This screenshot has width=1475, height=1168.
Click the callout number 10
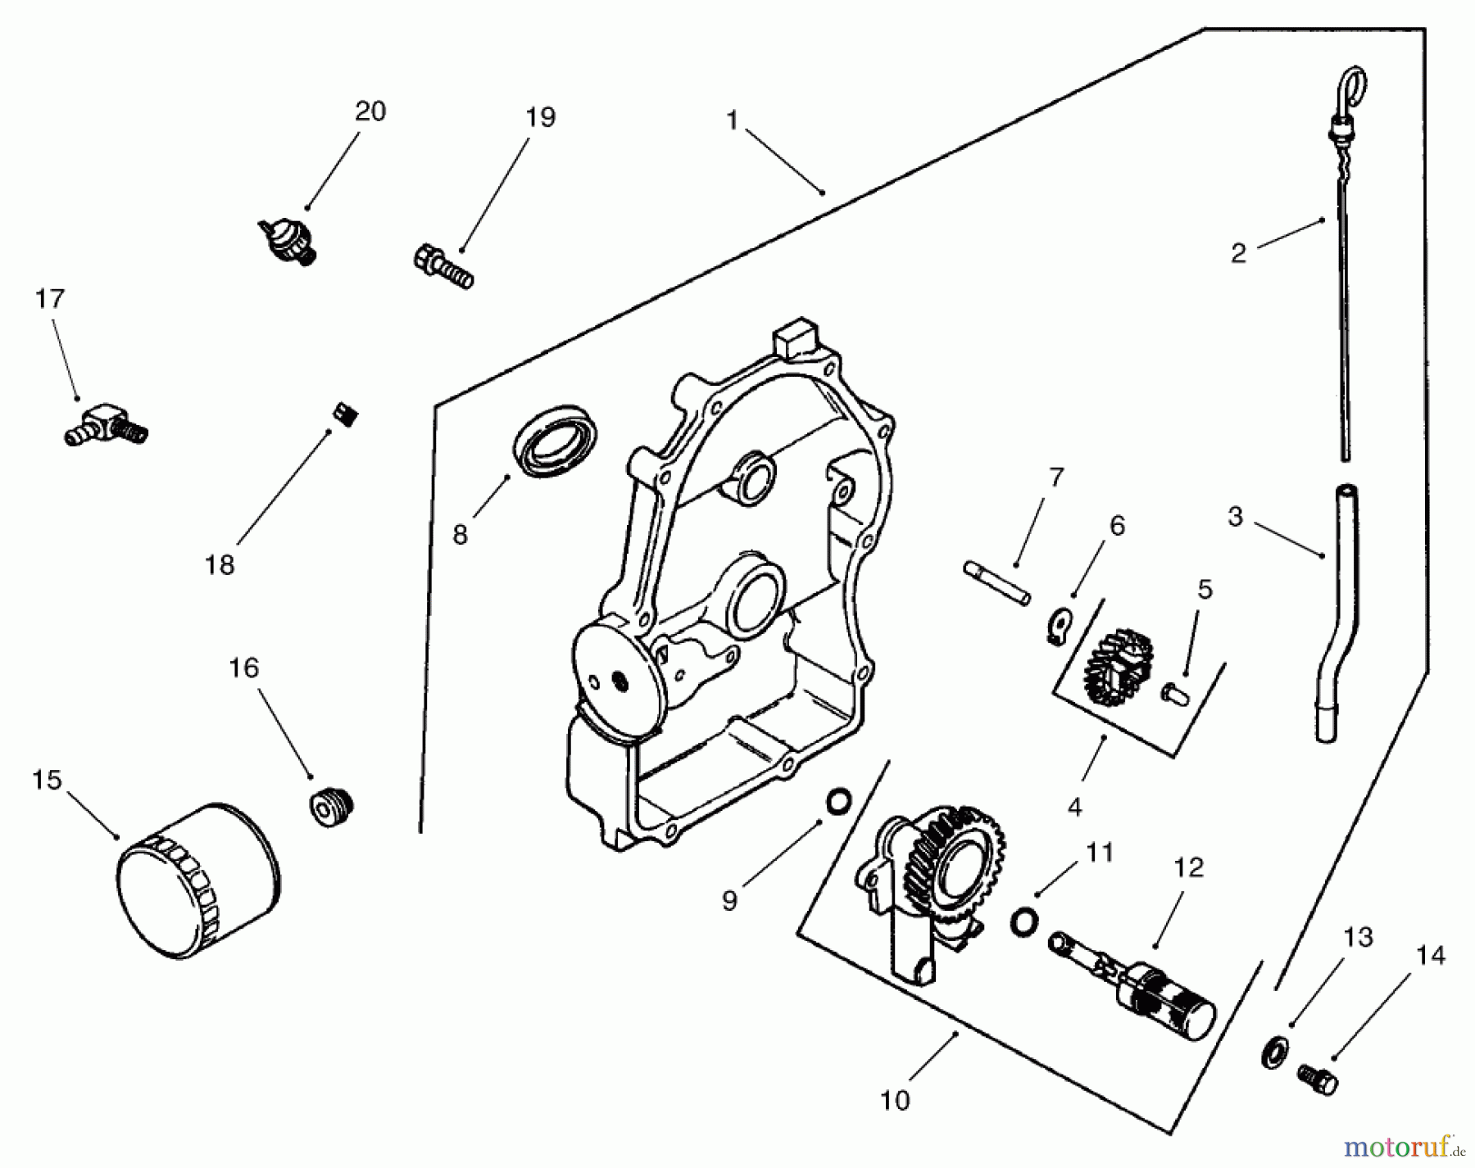coord(895,1101)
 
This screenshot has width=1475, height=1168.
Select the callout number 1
coord(732,121)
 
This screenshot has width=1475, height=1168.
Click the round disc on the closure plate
coord(616,680)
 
